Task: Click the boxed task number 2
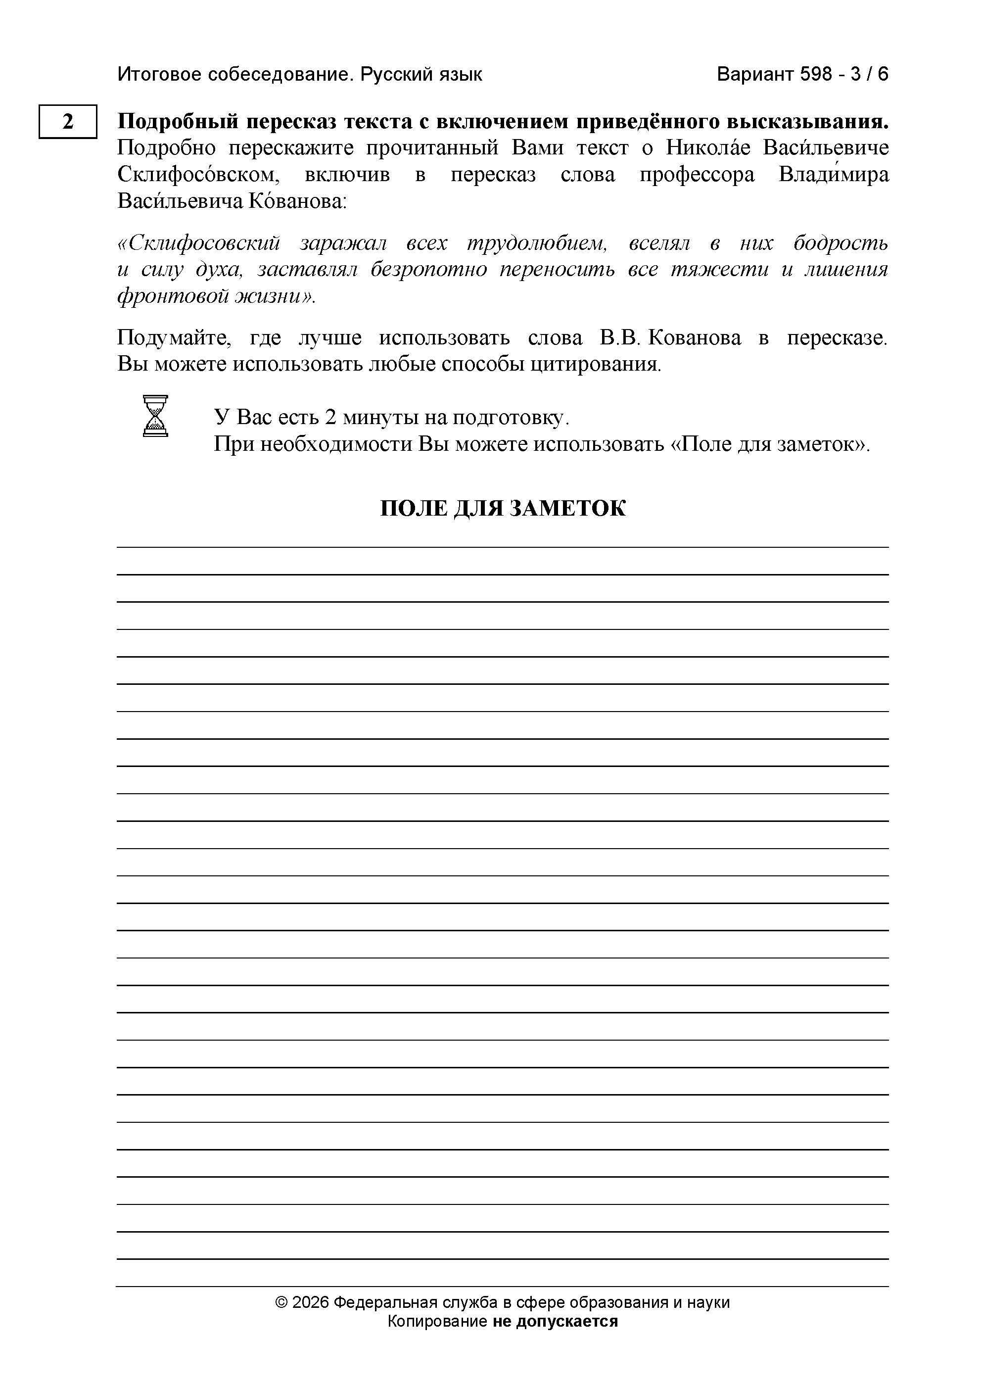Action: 68,122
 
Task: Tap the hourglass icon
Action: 155,416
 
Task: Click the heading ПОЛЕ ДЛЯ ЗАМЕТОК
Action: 503,508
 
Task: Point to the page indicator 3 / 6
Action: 870,74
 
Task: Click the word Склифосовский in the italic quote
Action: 199,243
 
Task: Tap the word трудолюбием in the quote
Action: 537,243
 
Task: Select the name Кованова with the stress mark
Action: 294,201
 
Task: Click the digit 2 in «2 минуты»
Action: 330,418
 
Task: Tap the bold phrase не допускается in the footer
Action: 555,1321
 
